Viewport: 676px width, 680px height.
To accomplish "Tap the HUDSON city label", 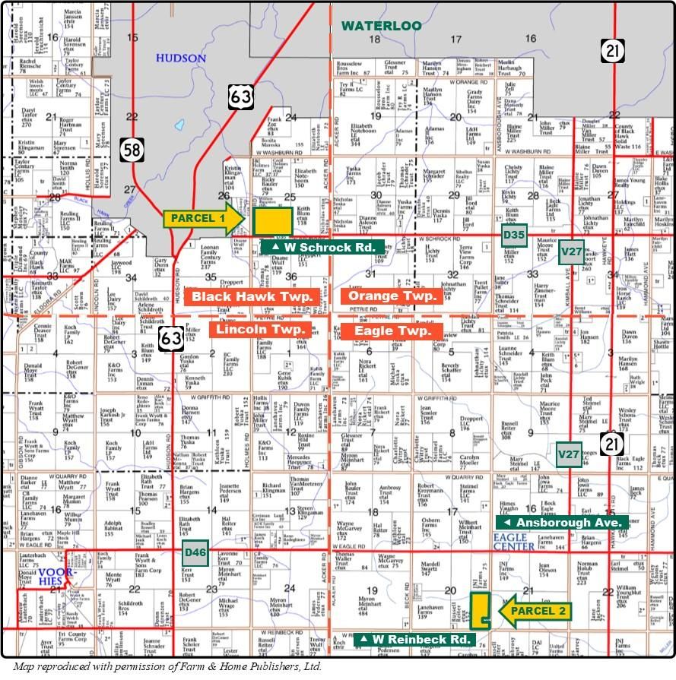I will (180, 59).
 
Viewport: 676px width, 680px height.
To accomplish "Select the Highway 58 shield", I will (131, 150).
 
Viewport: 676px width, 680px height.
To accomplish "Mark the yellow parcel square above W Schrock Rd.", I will (273, 221).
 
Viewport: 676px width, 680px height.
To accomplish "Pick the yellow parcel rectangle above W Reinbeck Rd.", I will (478, 611).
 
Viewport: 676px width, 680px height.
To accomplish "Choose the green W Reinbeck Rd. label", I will (417, 640).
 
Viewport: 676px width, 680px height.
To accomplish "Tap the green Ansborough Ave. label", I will (563, 523).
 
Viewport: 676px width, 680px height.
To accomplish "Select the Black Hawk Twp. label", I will (252, 297).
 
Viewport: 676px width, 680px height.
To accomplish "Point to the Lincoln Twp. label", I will (260, 329).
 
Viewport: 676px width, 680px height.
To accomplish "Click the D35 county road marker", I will (514, 236).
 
